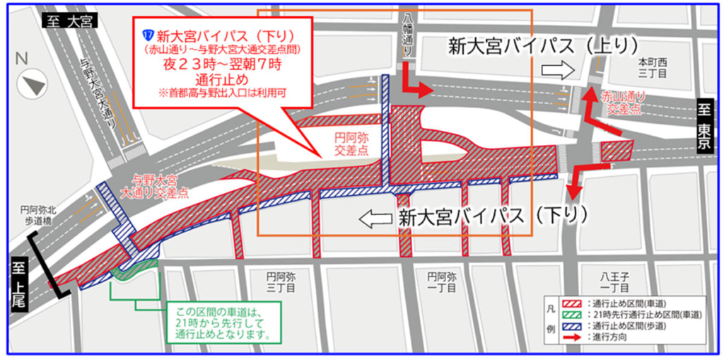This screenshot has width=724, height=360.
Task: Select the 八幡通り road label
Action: tap(406, 32)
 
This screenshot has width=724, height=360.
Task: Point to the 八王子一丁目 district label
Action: tap(614, 282)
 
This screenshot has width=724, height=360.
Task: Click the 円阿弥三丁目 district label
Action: tap(280, 282)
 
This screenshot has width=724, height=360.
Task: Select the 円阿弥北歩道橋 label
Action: tap(38, 215)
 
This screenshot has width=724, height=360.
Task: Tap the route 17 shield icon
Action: tap(148, 34)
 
